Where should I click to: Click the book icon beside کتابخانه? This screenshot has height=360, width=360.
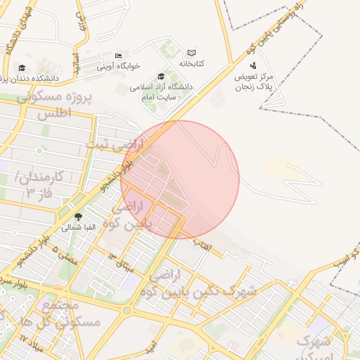(191, 53)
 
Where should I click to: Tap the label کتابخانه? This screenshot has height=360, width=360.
(191, 63)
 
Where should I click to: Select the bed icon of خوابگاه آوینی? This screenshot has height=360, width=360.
(118, 56)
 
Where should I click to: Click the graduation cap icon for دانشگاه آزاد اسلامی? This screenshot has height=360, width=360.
(161, 76)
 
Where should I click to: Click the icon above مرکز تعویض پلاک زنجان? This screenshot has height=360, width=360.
(253, 65)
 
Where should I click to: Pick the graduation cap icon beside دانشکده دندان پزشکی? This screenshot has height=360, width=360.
(22, 67)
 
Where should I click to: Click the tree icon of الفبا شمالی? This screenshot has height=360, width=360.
(77, 217)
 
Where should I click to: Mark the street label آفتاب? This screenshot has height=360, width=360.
(202, 244)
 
